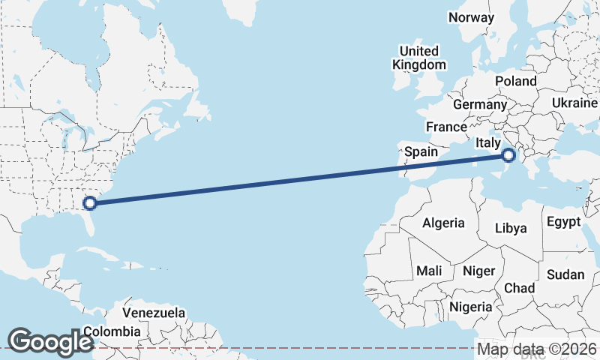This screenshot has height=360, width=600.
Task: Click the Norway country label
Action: tap(471, 17)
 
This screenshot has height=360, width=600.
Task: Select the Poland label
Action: tap(516, 81)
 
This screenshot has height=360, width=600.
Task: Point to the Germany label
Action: tap(480, 104)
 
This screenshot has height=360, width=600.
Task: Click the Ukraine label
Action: tap(574, 103)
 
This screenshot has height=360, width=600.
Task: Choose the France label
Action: tap(447, 127)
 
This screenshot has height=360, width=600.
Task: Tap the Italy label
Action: tap(488, 142)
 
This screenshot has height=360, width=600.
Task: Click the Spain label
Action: tap(421, 151)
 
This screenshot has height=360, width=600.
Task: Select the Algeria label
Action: tap(443, 223)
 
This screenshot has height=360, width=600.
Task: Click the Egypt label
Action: tap(564, 222)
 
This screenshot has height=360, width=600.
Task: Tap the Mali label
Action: tap(429, 270)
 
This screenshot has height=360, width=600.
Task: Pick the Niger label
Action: tap(478, 270)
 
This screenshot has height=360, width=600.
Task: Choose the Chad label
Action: tap(519, 288)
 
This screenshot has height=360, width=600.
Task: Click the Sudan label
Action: tap(565, 274)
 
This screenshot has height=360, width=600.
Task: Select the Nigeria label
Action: tap(471, 307)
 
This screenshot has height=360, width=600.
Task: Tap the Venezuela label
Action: tap(154, 312)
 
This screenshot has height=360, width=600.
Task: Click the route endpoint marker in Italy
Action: tap(508, 155)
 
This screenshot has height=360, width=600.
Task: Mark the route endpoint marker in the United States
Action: tap(90, 202)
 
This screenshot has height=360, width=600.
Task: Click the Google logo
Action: tap(50, 342)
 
